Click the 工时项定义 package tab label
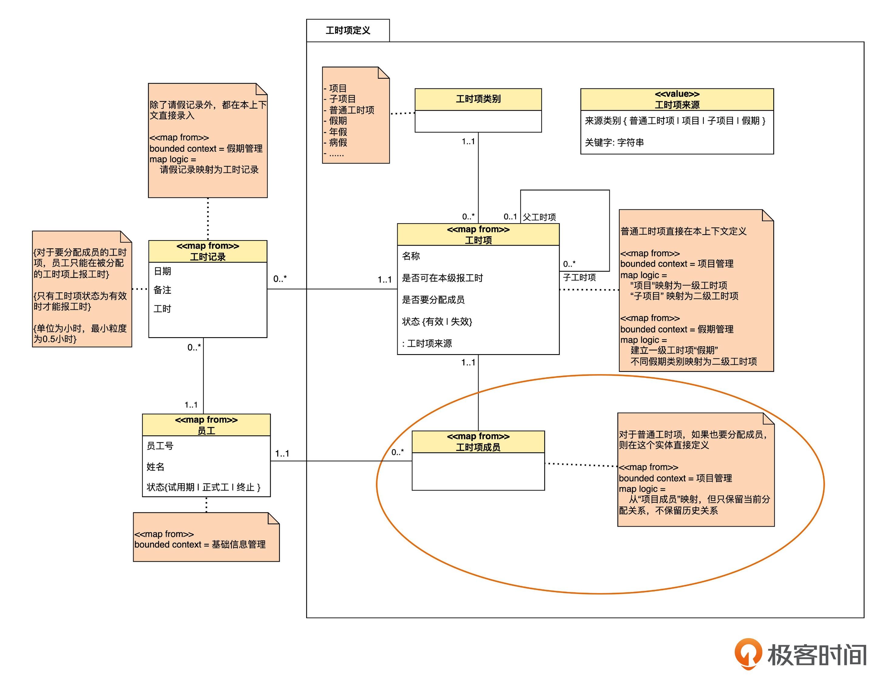[x=348, y=31]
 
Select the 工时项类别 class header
[x=478, y=99]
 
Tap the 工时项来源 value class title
[x=677, y=105]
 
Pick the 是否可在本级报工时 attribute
[x=442, y=278]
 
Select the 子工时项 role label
[x=579, y=277]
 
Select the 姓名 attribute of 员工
[x=155, y=467]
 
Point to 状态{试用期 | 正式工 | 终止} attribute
[x=203, y=487]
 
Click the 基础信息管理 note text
[x=200, y=545]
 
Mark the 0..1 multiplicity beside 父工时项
[x=510, y=217]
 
